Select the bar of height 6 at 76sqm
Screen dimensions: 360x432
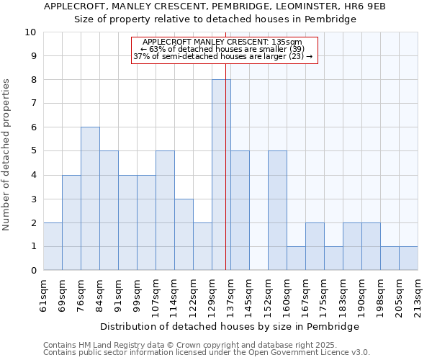90,199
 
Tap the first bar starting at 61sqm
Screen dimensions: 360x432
53,246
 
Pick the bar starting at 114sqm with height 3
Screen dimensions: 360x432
184,235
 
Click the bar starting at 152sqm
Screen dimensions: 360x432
277,211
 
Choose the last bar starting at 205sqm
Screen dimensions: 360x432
408,258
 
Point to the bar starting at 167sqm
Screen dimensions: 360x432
315,246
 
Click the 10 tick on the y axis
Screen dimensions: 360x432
30,32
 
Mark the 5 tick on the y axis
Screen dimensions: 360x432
33,151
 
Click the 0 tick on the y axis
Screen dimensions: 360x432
33,271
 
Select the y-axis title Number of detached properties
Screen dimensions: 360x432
7,155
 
